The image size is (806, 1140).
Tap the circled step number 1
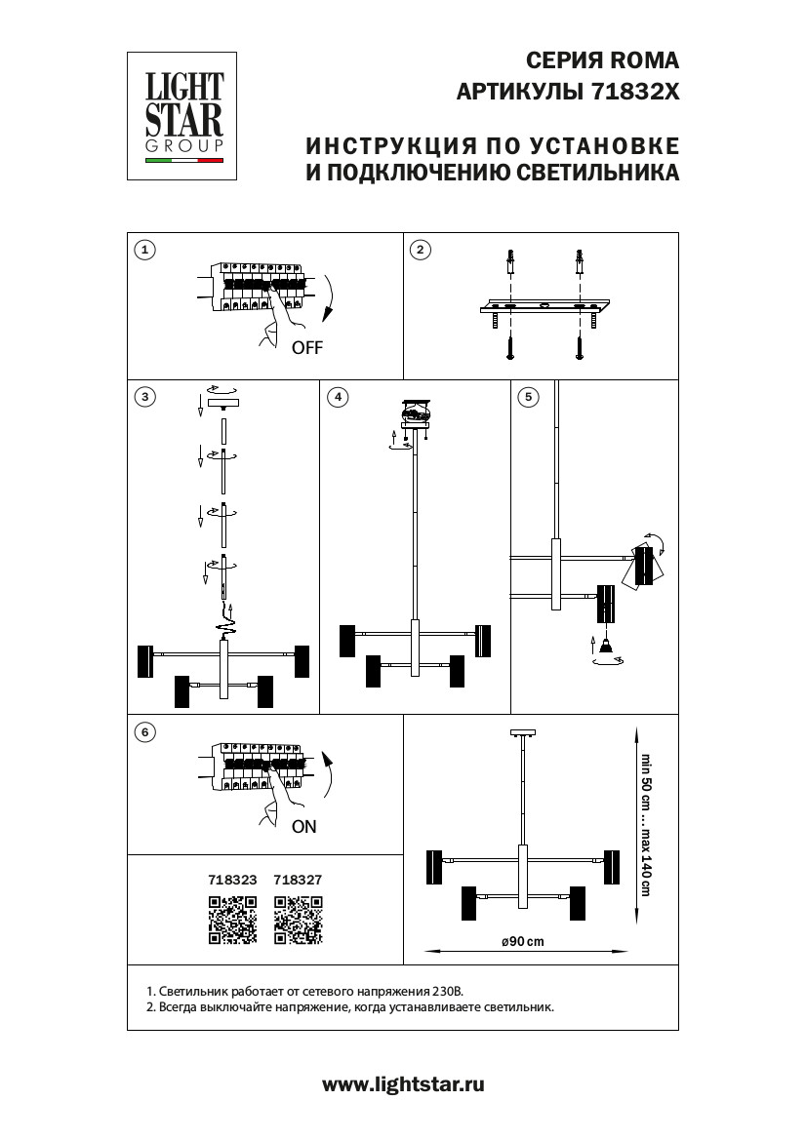(x=144, y=251)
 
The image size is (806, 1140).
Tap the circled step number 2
(x=420, y=251)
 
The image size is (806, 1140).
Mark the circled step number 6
(x=144, y=731)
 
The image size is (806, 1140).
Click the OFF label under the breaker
(x=306, y=347)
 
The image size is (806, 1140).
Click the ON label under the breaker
(x=304, y=826)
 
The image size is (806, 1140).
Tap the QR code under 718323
(x=232, y=921)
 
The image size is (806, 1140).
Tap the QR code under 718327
(x=298, y=921)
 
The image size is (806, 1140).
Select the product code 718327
(x=298, y=879)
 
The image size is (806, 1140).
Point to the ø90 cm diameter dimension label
(x=522, y=941)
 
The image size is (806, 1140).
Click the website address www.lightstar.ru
(x=403, y=1083)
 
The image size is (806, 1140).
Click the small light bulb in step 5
(x=606, y=647)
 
